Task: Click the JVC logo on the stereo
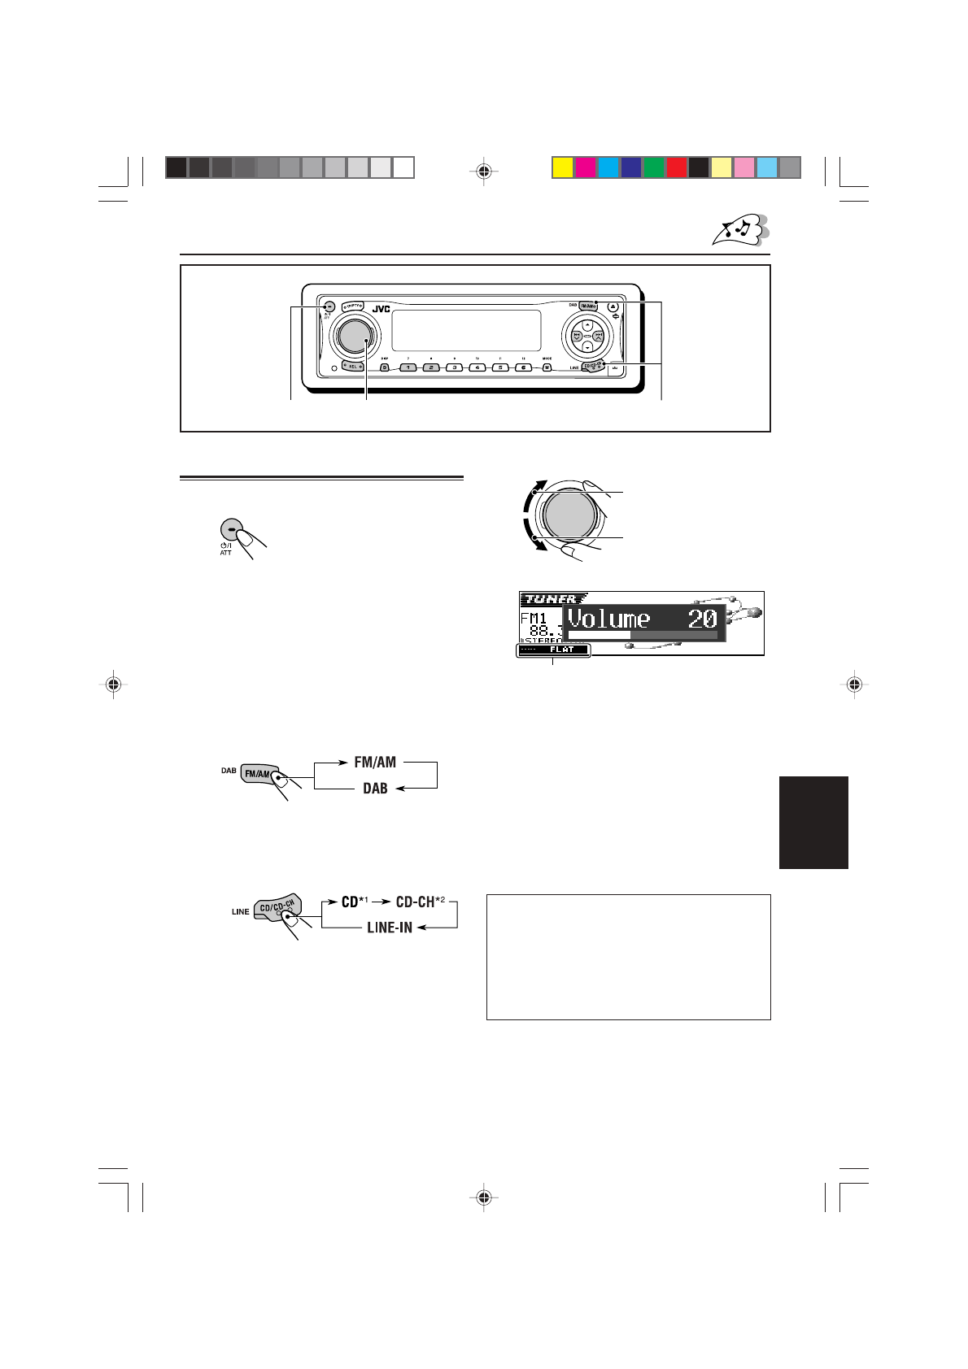coord(380,309)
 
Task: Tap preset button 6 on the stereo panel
coord(525,367)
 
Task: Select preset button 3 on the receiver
coord(455,367)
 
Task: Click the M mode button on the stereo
coord(547,367)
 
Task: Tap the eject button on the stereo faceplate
coord(613,307)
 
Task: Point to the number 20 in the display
coord(702,619)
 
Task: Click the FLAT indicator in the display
coord(561,650)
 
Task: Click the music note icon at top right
coord(740,230)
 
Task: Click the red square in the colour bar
coord(676,167)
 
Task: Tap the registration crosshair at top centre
coord(484,171)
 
